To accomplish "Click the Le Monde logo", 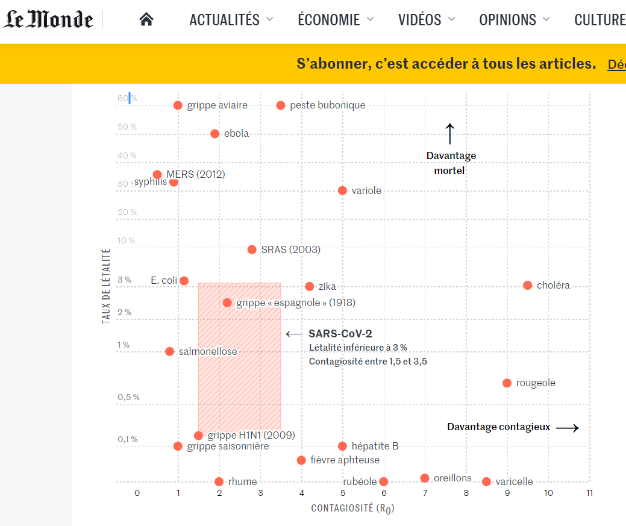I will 49,19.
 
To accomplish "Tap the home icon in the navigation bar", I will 146,20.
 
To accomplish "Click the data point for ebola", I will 215,134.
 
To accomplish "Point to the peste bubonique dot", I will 281,105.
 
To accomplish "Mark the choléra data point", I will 528,286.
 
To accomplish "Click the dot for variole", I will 342,191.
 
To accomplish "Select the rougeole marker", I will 507,383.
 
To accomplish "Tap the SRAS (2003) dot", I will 252,249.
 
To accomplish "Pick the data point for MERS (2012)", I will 157,175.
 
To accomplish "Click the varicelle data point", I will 486,481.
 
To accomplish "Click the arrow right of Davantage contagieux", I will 567,428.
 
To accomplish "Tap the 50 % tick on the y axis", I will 127,127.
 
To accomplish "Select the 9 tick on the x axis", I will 507,493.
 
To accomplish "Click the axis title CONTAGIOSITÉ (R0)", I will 352,509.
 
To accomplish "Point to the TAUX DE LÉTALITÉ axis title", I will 107,287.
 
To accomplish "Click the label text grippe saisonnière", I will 228,446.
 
